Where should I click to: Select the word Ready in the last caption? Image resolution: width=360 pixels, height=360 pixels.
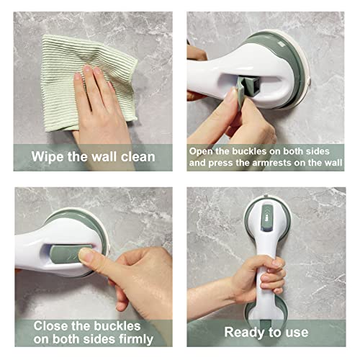243,332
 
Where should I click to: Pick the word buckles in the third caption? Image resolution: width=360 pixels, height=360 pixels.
114,323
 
